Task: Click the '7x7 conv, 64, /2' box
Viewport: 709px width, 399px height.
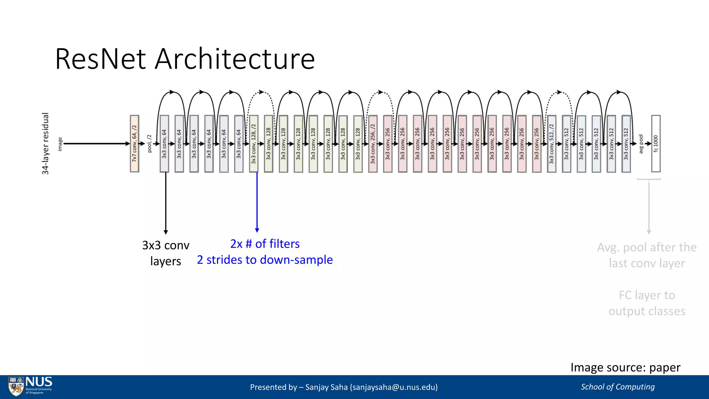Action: point(134,144)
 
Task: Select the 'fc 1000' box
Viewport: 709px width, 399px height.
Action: point(656,144)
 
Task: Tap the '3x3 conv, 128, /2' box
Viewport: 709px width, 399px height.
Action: point(254,144)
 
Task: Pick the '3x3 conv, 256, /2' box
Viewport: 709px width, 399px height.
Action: point(373,144)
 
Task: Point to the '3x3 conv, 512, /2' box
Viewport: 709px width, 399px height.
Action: point(551,144)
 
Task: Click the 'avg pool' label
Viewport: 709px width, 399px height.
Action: point(641,144)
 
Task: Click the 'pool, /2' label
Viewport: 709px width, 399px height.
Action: point(150,143)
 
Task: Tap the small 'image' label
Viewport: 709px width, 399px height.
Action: point(60,144)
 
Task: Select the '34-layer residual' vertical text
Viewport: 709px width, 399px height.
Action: point(45,143)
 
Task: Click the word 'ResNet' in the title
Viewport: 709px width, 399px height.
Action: point(100,59)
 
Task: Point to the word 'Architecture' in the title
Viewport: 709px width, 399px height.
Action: point(235,59)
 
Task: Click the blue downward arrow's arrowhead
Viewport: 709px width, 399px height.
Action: point(257,230)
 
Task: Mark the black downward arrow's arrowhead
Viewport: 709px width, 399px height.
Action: point(166,232)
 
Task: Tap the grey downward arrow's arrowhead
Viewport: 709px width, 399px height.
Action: point(649,232)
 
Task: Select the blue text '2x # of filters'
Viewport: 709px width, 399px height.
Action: point(265,244)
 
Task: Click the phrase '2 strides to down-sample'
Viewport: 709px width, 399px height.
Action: point(265,260)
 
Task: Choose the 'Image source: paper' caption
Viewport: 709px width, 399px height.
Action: point(625,367)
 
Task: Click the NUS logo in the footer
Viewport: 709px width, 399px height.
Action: point(30,386)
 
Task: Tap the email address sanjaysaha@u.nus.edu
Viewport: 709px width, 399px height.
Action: point(394,387)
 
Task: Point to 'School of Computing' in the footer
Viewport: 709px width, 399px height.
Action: point(618,387)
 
